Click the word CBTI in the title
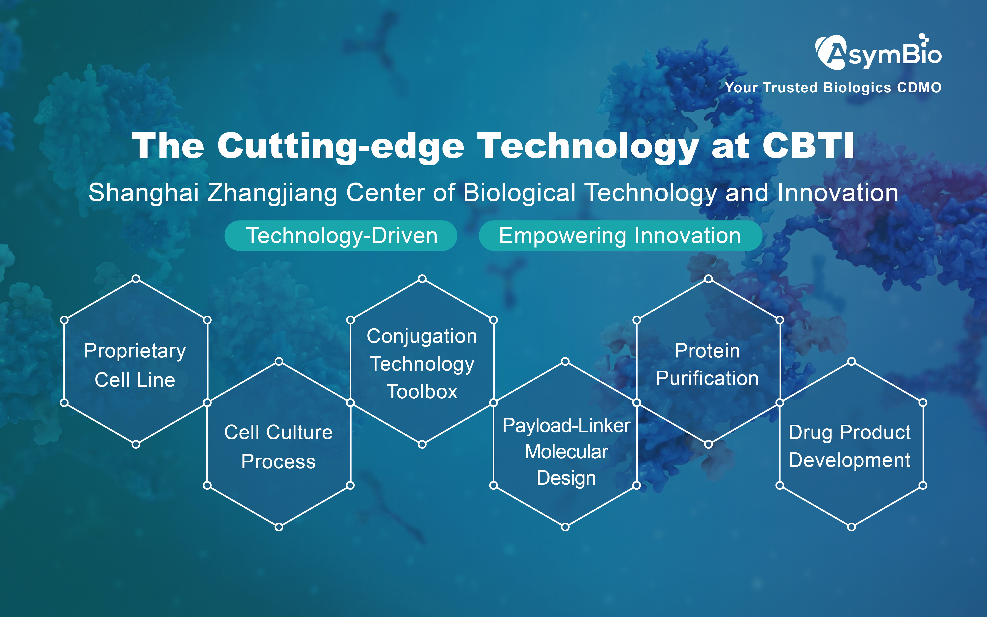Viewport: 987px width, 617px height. click(808, 146)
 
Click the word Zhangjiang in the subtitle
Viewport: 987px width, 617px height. click(272, 193)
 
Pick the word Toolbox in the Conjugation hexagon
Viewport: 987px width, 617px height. click(422, 391)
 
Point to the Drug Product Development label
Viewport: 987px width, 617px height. click(849, 447)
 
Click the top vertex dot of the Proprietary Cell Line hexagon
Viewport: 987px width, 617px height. click(136, 279)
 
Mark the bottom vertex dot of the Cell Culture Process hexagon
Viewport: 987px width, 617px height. click(279, 527)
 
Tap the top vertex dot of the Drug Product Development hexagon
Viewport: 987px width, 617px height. click(852, 362)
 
